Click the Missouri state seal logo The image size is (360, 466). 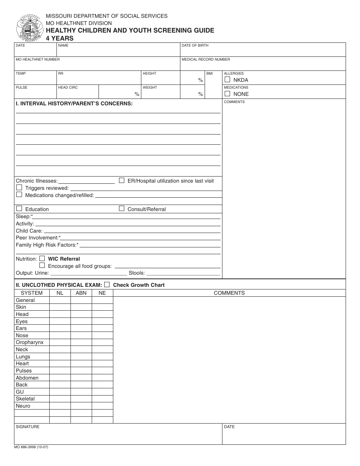pyautogui.click(x=28, y=28)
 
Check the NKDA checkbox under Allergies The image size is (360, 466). pyautogui.click(x=227, y=80)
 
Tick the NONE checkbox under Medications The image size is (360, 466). pyautogui.click(x=227, y=94)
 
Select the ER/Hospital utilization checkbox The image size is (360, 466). pyautogui.click(x=122, y=180)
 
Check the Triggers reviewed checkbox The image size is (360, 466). pyautogui.click(x=19, y=188)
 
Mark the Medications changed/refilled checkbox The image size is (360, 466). pyautogui.click(x=19, y=195)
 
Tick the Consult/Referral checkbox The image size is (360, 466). pyautogui.click(x=122, y=208)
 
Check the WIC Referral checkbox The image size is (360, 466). pyautogui.click(x=42, y=258)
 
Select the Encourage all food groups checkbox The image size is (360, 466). pyautogui.click(x=42, y=266)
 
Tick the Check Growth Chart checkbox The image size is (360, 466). pyautogui.click(x=107, y=285)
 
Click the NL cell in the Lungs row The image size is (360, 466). pyautogui.click(x=60, y=357)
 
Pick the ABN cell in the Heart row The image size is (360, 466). pyautogui.click(x=81, y=364)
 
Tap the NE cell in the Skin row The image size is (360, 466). pyautogui.click(x=102, y=307)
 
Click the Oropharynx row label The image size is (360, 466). pyautogui.click(x=30, y=342)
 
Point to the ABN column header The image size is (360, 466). pyautogui.click(x=81, y=293)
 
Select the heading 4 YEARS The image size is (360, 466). pyautogui.click(x=59, y=38)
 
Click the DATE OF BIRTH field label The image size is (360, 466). pyautogui.click(x=195, y=45)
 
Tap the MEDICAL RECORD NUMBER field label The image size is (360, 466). pyautogui.click(x=205, y=59)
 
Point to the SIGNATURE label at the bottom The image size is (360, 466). pyautogui.click(x=27, y=427)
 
